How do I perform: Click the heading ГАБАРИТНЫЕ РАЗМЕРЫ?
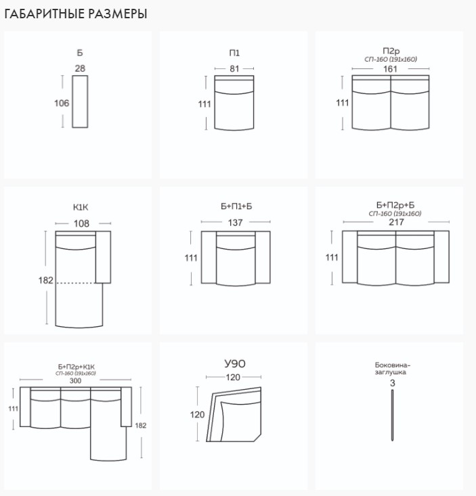click(76, 14)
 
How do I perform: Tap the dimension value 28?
click(80, 68)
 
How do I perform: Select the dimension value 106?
click(62, 103)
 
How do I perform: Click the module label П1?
click(234, 53)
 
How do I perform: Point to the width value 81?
click(234, 68)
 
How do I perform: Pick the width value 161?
click(390, 69)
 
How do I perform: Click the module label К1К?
click(81, 208)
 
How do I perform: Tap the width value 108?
click(81, 224)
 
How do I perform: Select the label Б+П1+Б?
click(236, 206)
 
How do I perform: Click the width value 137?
click(236, 223)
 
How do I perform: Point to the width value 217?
click(396, 222)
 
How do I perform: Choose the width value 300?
click(75, 380)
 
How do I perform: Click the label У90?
click(235, 364)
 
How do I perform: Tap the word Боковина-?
click(393, 365)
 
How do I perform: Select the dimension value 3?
click(393, 383)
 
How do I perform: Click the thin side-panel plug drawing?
click(393, 415)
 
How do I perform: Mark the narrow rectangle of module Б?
click(80, 102)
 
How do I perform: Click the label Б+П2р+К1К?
click(77, 367)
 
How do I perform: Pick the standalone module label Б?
click(80, 53)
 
